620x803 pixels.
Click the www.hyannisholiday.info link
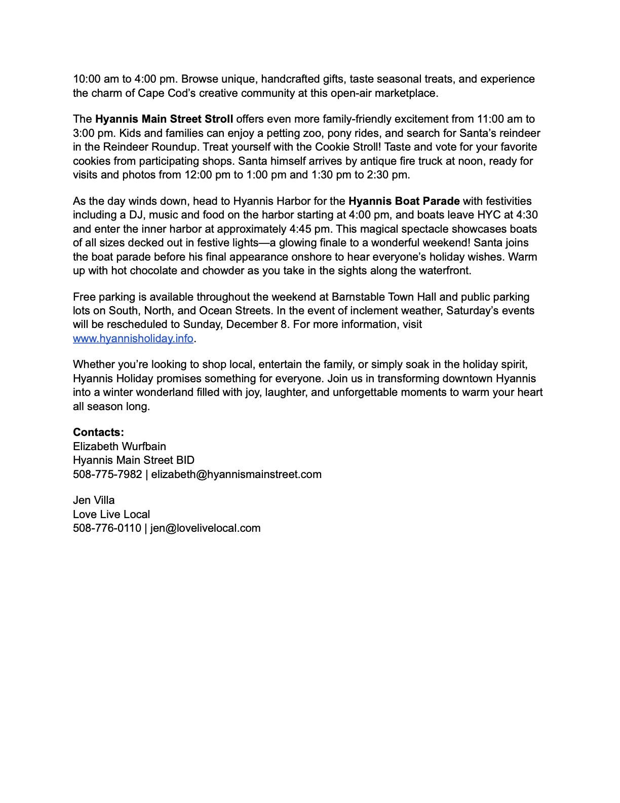133,339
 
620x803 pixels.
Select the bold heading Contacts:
98,432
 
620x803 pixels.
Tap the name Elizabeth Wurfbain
120,447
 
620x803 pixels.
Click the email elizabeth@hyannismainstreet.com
236,474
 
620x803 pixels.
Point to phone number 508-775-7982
107,474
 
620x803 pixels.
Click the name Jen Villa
94,500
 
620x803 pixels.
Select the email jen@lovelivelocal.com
205,528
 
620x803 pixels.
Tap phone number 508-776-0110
107,528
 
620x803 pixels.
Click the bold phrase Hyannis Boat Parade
404,201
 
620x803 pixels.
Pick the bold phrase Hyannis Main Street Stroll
164,119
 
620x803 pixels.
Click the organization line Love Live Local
111,515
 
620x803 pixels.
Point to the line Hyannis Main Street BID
134,460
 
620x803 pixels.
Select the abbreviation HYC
489,215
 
